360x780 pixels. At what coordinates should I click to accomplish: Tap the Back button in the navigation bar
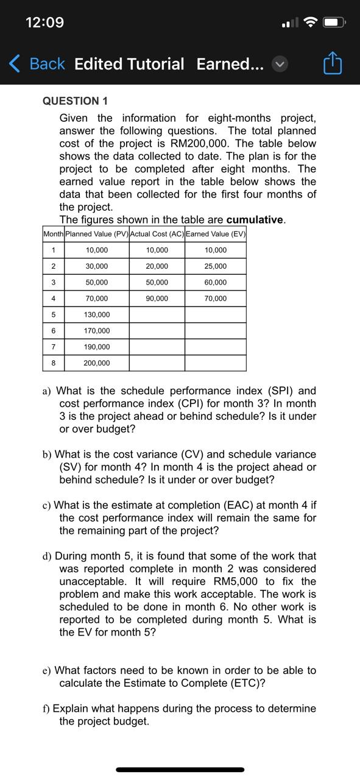coord(38,64)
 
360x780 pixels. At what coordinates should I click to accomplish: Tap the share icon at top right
coord(333,63)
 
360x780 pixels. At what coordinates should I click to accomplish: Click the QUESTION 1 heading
coord(75,101)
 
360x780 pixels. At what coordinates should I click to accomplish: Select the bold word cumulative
coord(255,220)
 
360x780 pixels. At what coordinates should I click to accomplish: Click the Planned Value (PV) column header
coord(97,234)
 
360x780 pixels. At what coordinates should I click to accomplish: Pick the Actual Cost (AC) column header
coord(157,234)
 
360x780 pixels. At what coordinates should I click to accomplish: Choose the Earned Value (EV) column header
coord(216,234)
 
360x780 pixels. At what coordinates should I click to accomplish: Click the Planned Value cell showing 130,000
coord(97,314)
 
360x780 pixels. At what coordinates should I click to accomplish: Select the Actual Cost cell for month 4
coord(157,299)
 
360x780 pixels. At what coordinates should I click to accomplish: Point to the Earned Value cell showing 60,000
coord(216,282)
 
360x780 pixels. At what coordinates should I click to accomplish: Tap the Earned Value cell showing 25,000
coord(216,266)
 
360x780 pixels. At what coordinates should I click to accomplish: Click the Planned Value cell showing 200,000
coord(97,363)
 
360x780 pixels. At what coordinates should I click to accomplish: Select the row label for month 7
coord(54,347)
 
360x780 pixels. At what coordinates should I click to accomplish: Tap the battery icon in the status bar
coord(334,23)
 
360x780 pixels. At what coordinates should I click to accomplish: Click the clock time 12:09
coord(44,23)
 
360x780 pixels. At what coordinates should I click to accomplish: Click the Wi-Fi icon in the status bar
coord(311,23)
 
